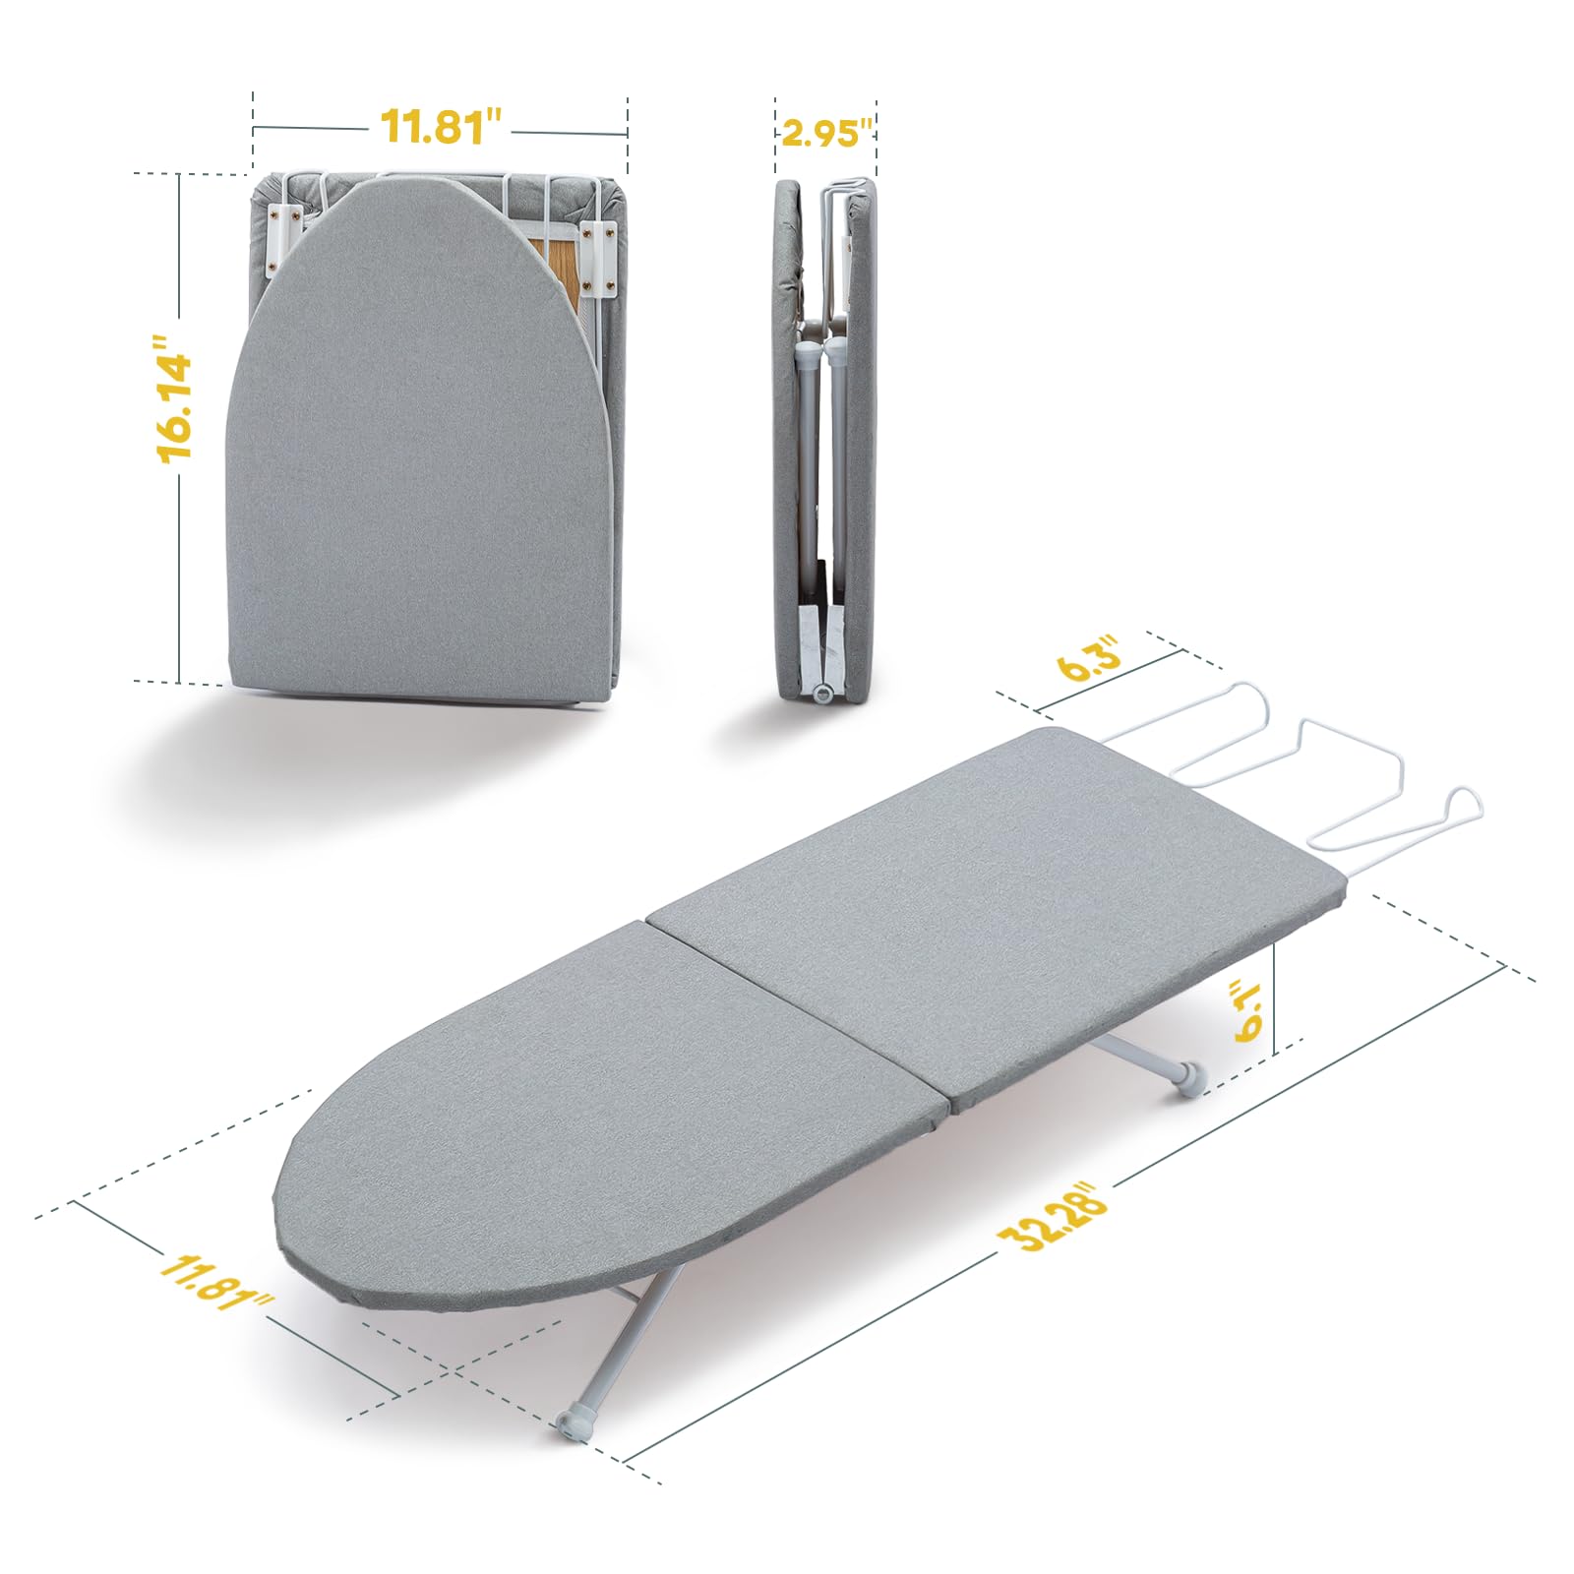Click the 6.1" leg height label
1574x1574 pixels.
1249,1008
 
